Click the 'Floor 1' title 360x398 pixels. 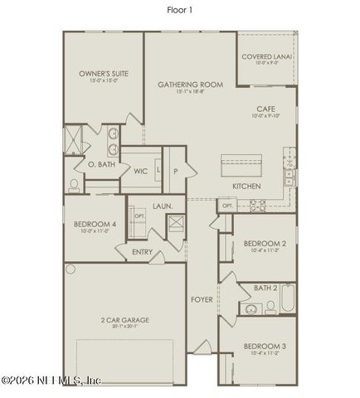[x=179, y=10]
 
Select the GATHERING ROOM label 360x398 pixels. [x=191, y=85]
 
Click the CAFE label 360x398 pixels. [x=265, y=109]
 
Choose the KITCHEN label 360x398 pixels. [x=247, y=186]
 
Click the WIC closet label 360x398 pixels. [x=140, y=171]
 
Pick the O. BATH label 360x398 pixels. [x=100, y=165]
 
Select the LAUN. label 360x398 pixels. [x=162, y=205]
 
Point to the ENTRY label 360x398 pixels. [x=142, y=252]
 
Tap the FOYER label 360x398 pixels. [x=202, y=298]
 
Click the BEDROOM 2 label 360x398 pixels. [x=265, y=243]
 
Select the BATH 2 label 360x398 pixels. [x=265, y=288]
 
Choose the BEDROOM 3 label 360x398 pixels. [x=265, y=345]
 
